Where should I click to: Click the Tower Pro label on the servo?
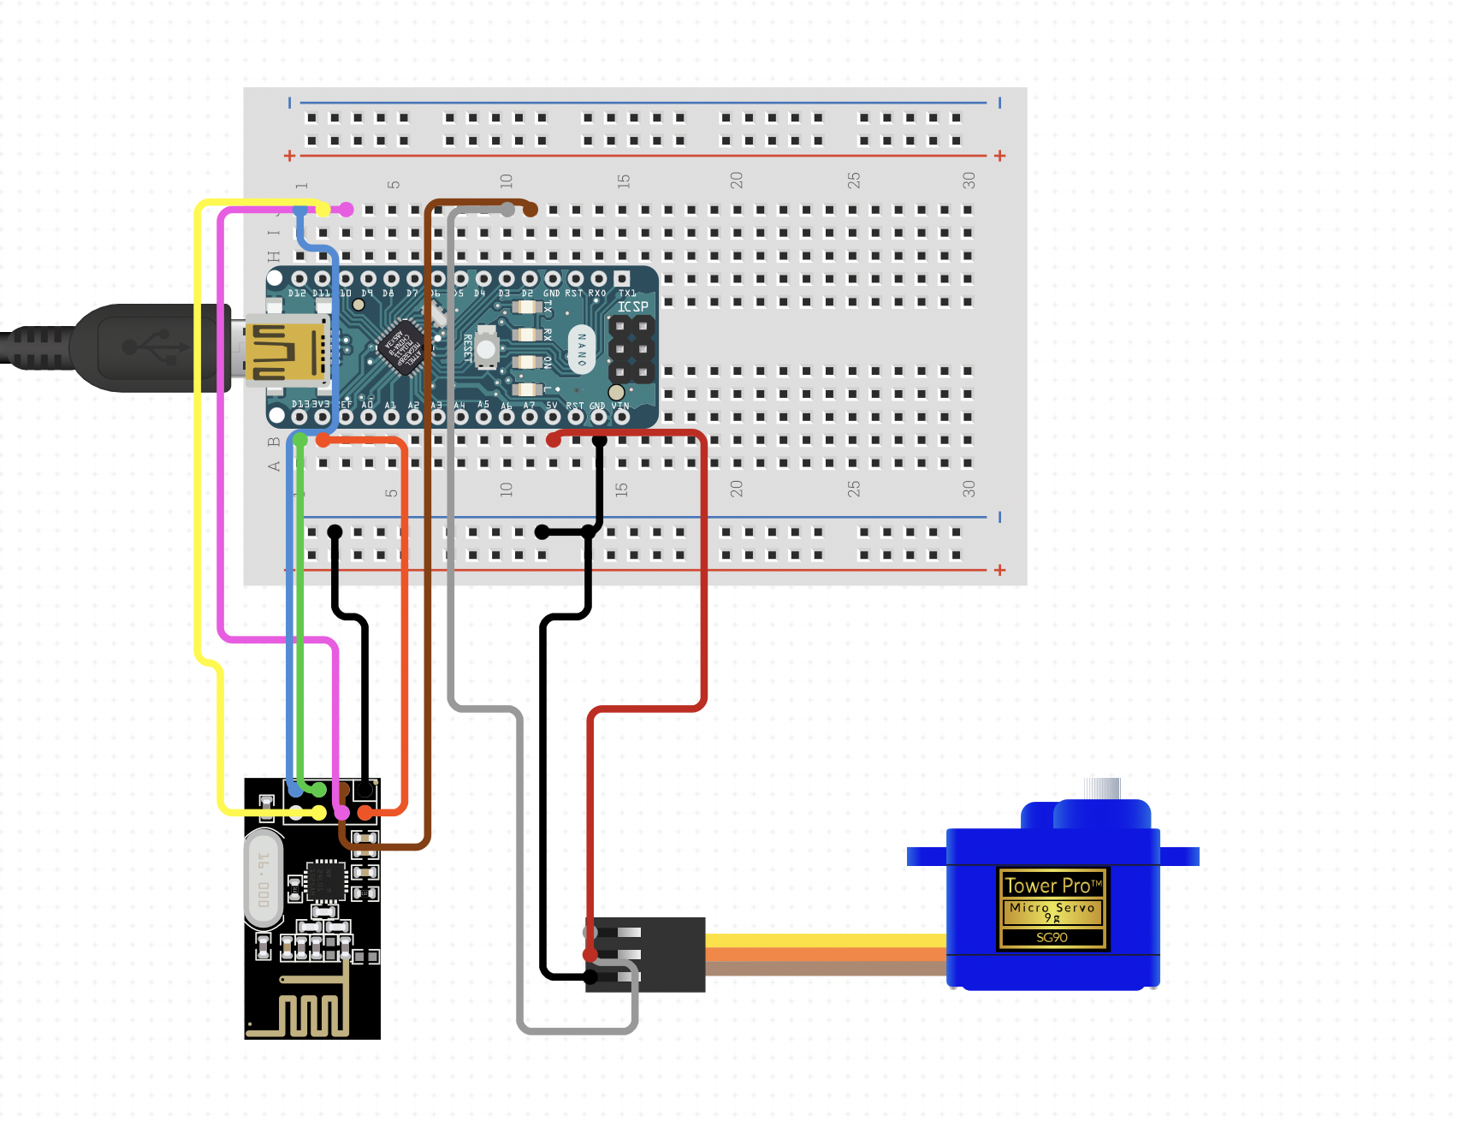pos(1052,885)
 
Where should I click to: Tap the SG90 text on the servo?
pos(1052,937)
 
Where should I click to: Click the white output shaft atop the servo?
pos(1101,788)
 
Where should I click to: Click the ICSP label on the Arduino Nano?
pos(632,306)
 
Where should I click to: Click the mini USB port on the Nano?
pos(287,349)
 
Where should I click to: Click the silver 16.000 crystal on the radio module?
pos(264,880)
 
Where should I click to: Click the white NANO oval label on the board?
pos(582,349)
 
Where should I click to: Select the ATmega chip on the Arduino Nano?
pos(402,347)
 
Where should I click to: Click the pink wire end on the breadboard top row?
pos(346,210)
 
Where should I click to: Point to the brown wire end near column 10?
pos(530,210)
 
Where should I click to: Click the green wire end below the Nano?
pos(300,440)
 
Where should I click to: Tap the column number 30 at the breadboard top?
pos(968,180)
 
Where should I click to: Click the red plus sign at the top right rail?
pos(999,156)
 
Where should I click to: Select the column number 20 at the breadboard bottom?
pos(736,489)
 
